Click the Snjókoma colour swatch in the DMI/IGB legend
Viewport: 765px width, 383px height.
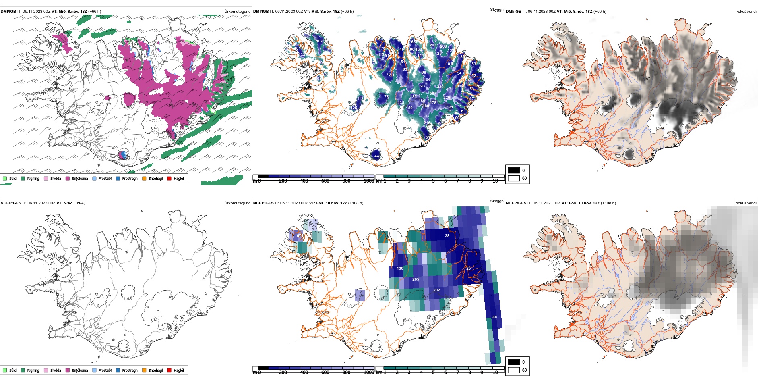pyautogui.click(x=68, y=178)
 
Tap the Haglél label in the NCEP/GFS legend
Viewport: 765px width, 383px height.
pyautogui.click(x=179, y=370)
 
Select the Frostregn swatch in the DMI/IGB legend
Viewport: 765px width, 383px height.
pyautogui.click(x=118, y=178)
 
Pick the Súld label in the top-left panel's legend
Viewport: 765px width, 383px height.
pyautogui.click(x=13, y=178)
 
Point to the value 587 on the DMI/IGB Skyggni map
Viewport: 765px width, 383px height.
pyautogui.click(x=433, y=94)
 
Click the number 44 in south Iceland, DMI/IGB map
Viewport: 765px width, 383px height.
pyautogui.click(x=377, y=156)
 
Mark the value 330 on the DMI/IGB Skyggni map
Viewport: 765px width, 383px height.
pyautogui.click(x=440, y=87)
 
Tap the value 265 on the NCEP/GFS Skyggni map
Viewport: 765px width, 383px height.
pyautogui.click(x=416, y=279)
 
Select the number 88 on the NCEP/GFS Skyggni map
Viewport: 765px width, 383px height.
pyautogui.click(x=494, y=317)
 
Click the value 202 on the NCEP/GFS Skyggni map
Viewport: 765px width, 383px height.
pyautogui.click(x=436, y=290)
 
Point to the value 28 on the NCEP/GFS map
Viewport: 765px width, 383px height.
pyautogui.click(x=447, y=235)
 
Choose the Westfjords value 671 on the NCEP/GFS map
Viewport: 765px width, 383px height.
pyautogui.click(x=300, y=236)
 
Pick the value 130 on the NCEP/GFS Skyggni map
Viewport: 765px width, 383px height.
pyautogui.click(x=400, y=268)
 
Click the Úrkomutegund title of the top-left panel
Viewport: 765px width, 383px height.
pyautogui.click(x=237, y=12)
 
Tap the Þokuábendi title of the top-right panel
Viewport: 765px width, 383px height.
pyautogui.click(x=746, y=12)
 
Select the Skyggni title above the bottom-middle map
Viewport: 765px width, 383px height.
pyautogui.click(x=497, y=201)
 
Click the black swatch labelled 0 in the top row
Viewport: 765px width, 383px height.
pyautogui.click(x=514, y=170)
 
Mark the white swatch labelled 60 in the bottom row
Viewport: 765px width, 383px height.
pyautogui.click(x=514, y=370)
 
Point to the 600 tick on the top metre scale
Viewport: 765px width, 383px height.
pyautogui.click(x=325, y=181)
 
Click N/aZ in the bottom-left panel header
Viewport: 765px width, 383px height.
pyautogui.click(x=68, y=203)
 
